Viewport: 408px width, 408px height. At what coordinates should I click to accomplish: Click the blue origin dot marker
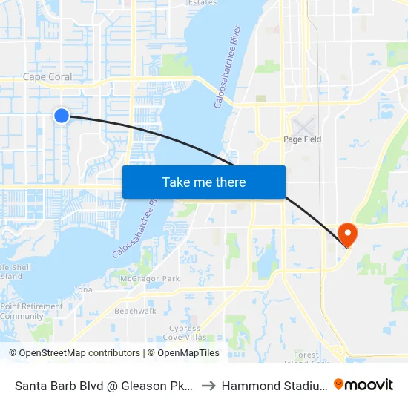(62, 115)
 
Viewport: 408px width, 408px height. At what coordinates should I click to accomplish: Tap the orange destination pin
(347, 234)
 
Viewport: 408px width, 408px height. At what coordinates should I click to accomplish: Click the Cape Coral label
(47, 77)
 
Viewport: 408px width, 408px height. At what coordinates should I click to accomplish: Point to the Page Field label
(302, 139)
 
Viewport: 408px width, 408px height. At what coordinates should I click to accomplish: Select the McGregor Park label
(150, 279)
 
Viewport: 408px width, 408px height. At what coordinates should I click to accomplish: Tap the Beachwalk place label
(135, 311)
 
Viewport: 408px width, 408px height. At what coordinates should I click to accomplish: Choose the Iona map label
(83, 289)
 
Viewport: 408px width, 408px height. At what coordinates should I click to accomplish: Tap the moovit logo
(363, 384)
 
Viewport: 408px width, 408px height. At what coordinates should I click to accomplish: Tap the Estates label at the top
(202, 3)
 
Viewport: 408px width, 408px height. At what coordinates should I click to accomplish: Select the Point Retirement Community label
(32, 311)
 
